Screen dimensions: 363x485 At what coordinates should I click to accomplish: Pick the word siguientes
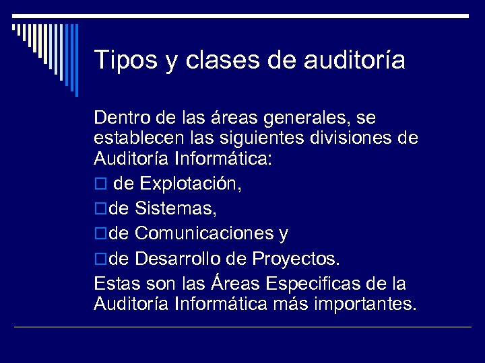(x=260, y=138)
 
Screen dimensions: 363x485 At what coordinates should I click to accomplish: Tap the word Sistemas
(x=175, y=209)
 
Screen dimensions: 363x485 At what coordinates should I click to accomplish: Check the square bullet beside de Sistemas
(x=100, y=210)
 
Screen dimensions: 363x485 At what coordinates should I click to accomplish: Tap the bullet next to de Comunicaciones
(x=100, y=234)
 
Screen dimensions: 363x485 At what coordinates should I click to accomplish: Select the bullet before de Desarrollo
(x=100, y=259)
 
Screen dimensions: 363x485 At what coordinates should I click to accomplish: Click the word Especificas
(x=327, y=283)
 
